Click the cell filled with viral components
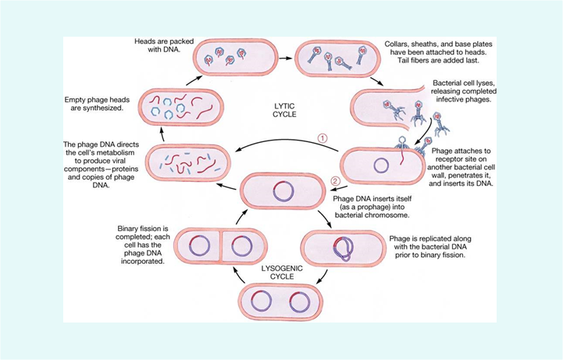click(x=191, y=162)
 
